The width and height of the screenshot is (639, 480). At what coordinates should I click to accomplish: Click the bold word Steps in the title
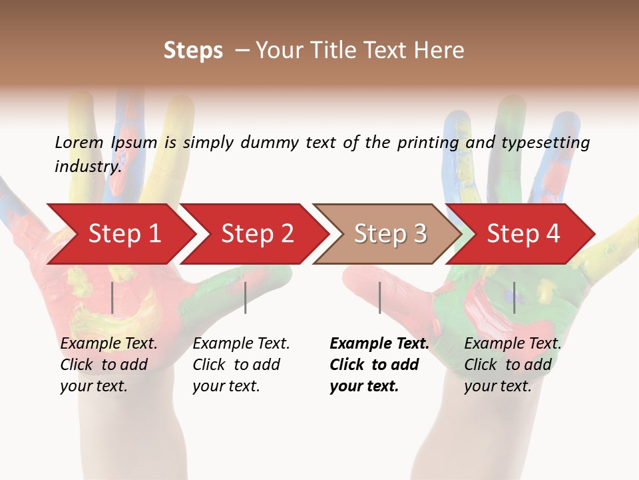(193, 51)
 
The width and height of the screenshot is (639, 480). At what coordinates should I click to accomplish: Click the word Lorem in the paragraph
(79, 142)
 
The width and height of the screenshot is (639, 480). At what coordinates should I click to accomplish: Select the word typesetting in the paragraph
(545, 142)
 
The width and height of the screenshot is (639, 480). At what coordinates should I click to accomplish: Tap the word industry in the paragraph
(87, 166)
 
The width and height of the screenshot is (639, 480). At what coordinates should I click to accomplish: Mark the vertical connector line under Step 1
(112, 298)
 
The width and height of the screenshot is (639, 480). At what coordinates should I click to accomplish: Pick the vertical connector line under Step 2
(246, 298)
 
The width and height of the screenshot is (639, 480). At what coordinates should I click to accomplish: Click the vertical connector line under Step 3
(379, 298)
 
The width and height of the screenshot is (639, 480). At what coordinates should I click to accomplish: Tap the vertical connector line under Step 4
(514, 298)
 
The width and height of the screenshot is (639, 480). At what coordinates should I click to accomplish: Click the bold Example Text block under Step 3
(379, 365)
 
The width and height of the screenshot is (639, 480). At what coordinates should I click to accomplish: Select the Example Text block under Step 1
(108, 365)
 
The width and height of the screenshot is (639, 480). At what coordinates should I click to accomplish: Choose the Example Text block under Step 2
(241, 365)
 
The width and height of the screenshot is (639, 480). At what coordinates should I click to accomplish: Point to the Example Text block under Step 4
(513, 365)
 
